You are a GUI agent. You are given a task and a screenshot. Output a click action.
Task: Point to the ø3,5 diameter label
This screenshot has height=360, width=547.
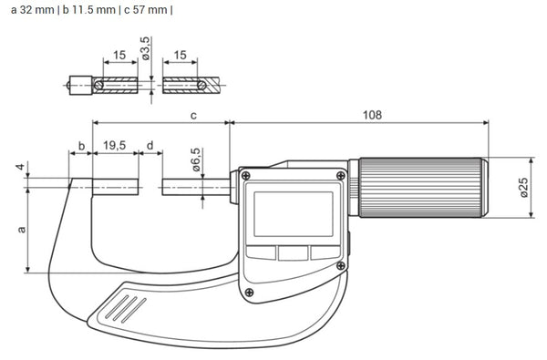click(146, 48)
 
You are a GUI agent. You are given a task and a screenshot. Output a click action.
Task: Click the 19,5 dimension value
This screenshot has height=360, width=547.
click(115, 146)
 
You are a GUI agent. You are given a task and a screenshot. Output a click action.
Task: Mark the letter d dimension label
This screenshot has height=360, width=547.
click(150, 146)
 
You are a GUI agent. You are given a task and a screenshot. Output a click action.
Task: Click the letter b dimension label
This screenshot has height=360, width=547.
click(80, 146)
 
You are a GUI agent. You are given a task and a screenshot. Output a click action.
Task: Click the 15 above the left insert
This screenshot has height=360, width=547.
click(119, 57)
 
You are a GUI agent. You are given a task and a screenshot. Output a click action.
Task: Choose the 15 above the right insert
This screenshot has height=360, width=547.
click(179, 57)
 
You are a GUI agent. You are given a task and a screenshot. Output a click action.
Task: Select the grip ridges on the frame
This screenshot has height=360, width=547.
click(126, 307)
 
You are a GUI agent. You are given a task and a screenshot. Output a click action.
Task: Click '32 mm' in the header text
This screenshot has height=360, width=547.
click(31, 11)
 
